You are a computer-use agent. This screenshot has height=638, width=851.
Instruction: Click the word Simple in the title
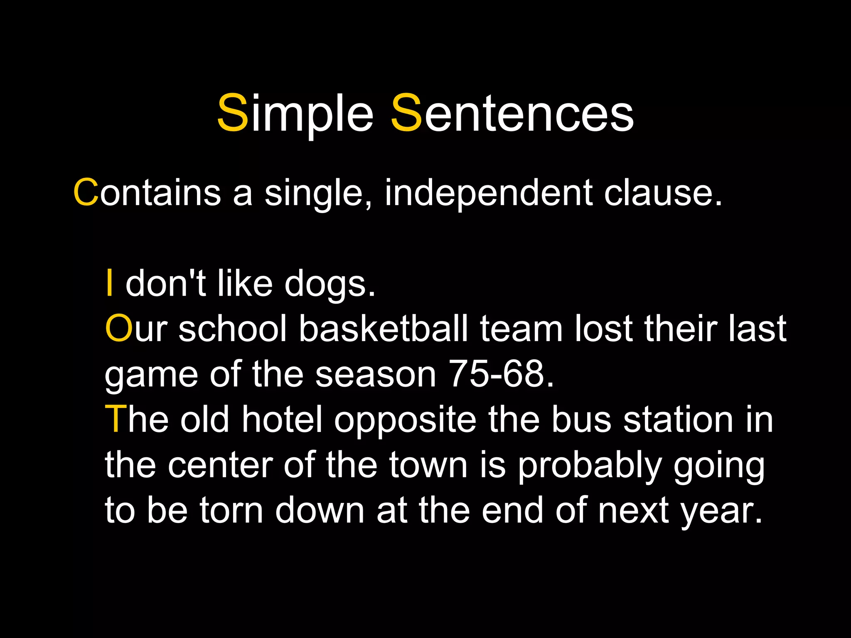coord(295,113)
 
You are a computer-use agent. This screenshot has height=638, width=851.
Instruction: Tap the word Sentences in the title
coord(512,113)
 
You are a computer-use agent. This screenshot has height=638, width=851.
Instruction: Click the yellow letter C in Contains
coord(86,193)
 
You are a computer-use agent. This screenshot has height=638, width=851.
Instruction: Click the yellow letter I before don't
coord(109,283)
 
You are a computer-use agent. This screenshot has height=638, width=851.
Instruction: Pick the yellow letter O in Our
coord(118,329)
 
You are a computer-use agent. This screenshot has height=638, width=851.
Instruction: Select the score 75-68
coord(501,374)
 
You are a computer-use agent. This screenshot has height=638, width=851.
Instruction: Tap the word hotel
coord(282,419)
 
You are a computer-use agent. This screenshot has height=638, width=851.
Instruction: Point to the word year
coord(721,511)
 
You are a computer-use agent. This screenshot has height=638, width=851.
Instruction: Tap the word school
coord(233,329)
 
